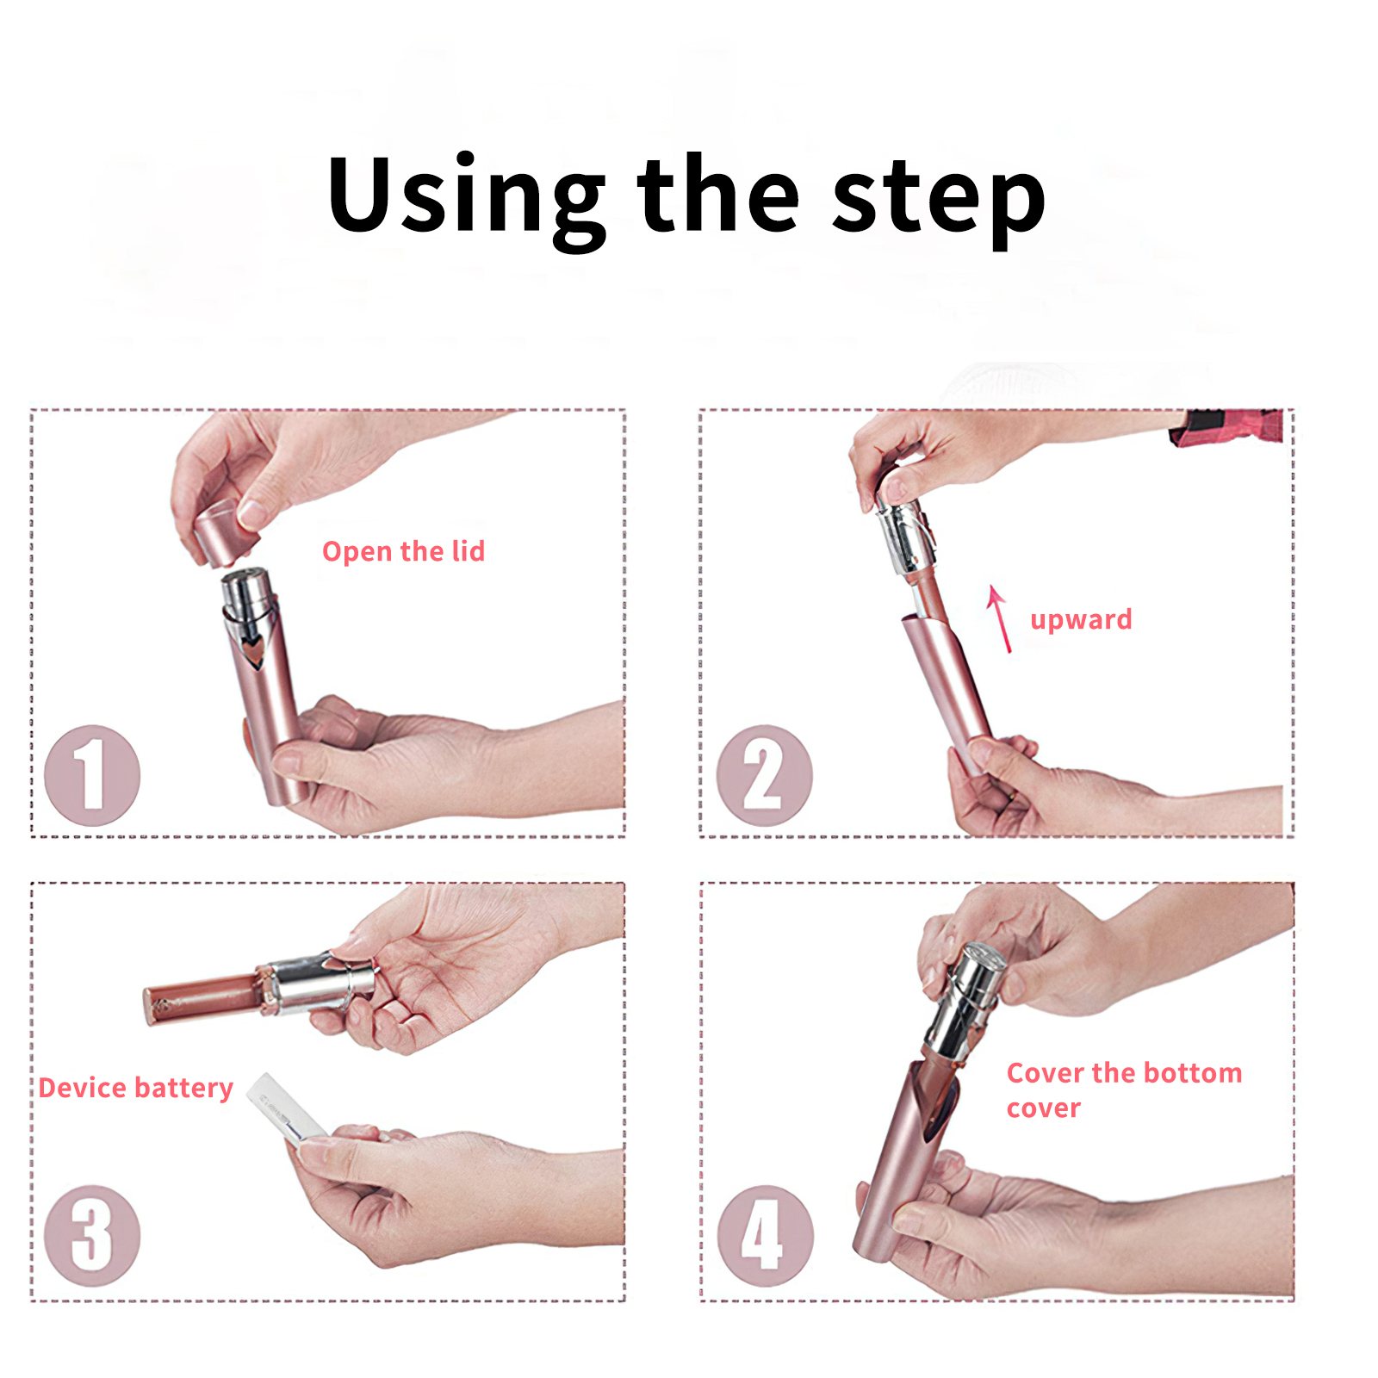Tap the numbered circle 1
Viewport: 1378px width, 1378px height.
coord(92,775)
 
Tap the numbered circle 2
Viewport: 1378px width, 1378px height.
coord(764,775)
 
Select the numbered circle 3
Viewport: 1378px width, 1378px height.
coord(92,1236)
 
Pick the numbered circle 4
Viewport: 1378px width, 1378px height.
coord(765,1236)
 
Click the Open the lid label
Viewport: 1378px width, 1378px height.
coord(403,551)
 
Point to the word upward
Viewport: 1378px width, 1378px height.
coord(1081,621)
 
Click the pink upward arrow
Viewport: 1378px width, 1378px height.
coord(1000,619)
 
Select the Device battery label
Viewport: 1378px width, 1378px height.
coord(136,1089)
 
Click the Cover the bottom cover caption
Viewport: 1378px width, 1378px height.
coord(1124,1090)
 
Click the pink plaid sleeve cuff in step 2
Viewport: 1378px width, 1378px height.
coord(1227,427)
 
